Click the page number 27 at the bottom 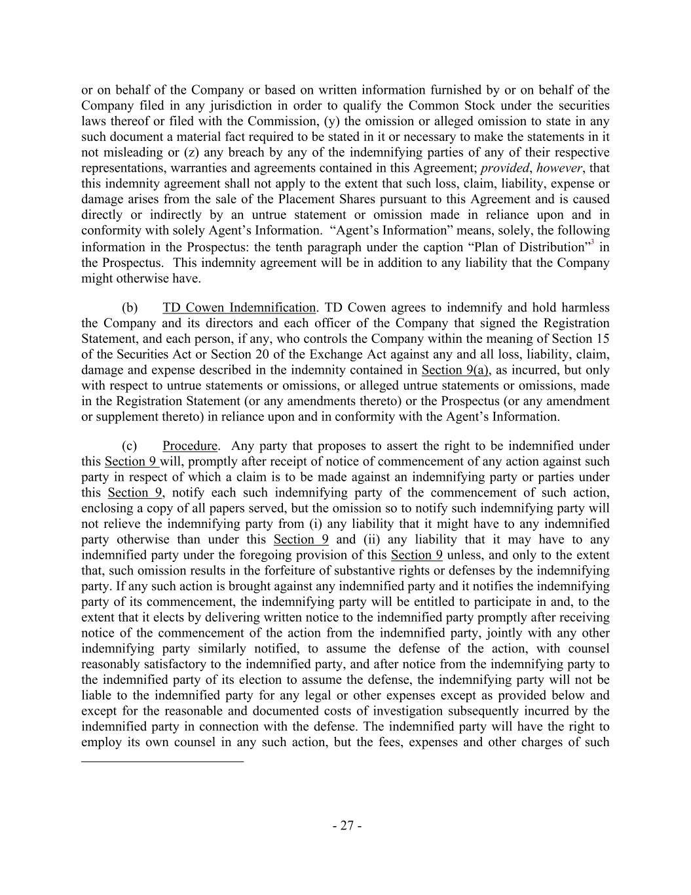click(x=346, y=825)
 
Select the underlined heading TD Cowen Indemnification click(x=238, y=308)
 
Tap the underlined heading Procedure click(x=190, y=446)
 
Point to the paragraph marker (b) click(x=130, y=308)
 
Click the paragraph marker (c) click(x=130, y=446)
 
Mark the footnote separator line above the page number click(x=162, y=761)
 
